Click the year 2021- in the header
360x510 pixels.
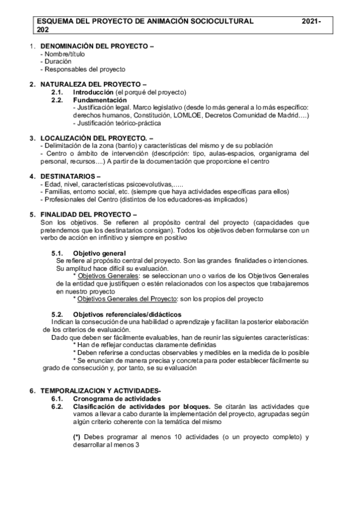coord(312,21)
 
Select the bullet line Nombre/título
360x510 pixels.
coord(61,54)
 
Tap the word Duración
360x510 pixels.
coord(57,61)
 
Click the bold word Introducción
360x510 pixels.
coord(93,92)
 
